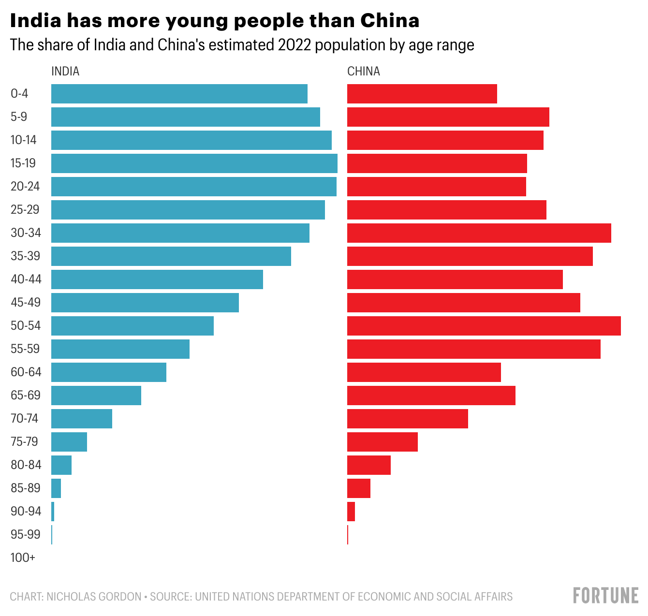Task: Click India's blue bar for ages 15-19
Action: [194, 163]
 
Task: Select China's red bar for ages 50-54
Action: [484, 326]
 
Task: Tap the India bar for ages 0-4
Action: [179, 94]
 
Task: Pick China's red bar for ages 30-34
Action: [479, 233]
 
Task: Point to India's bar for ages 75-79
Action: [69, 442]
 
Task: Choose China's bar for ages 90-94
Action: [351, 512]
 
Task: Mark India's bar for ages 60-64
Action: [109, 372]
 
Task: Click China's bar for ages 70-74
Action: [407, 419]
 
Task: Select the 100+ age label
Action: [23, 558]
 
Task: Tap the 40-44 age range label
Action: [26, 279]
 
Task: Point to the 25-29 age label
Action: [25, 210]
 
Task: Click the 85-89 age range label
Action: [26, 488]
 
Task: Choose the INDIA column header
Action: [65, 72]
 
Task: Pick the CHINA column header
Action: [364, 72]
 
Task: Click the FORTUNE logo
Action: [606, 595]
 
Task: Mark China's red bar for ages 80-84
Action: [368, 465]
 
